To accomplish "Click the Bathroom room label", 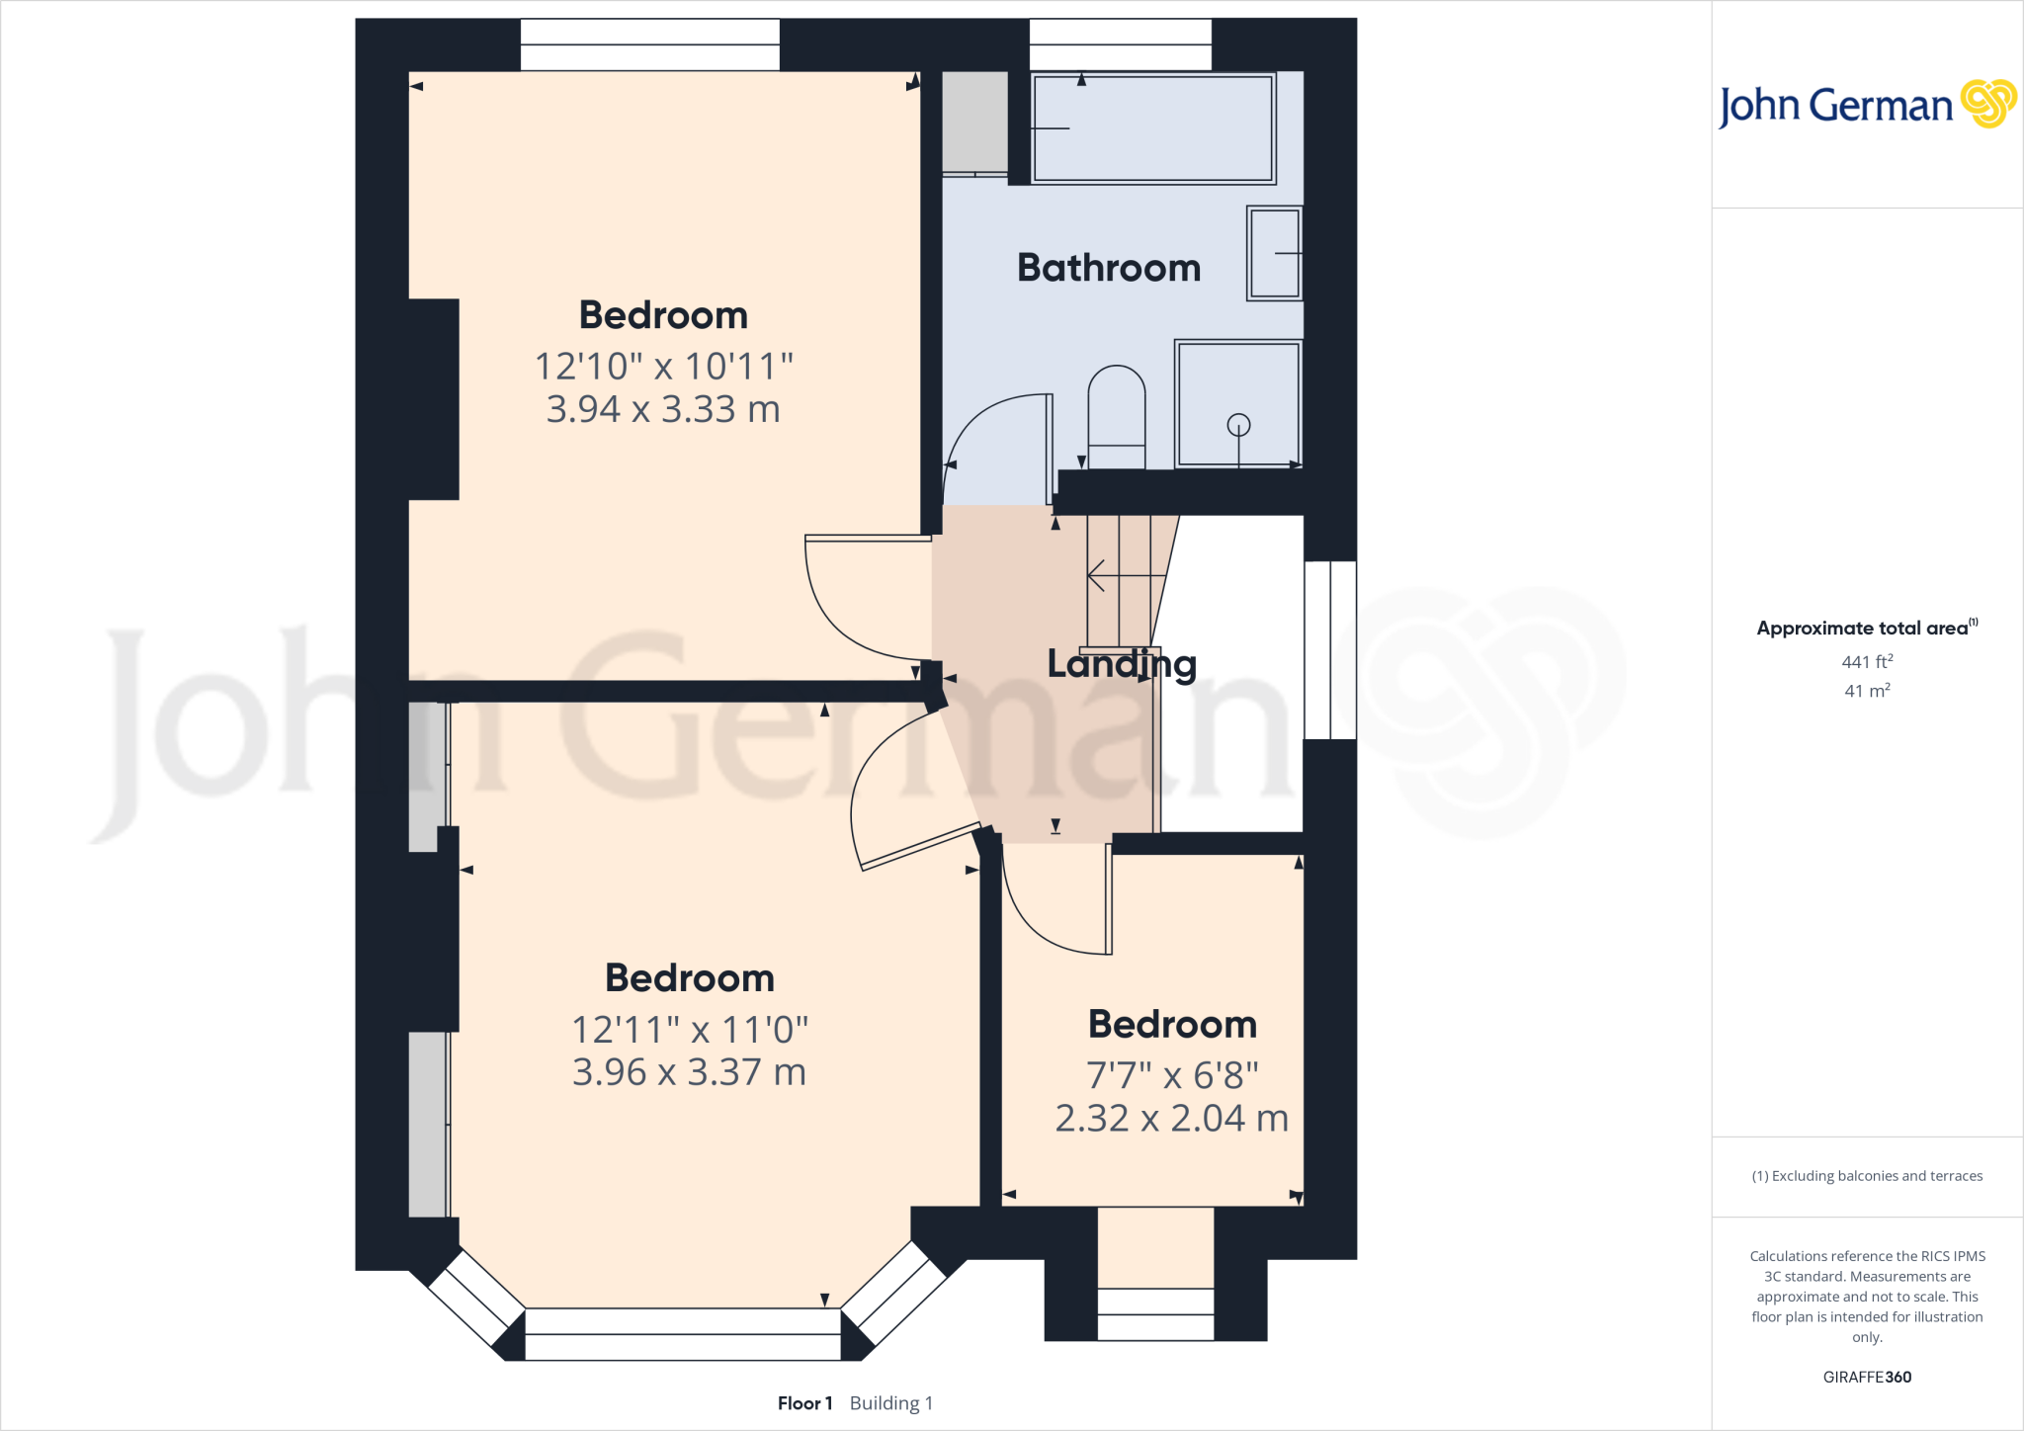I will click(x=1109, y=268).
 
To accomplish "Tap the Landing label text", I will click(x=1122, y=664).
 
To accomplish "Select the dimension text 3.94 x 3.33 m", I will click(x=663, y=409).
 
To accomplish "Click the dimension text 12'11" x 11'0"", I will click(x=690, y=1030).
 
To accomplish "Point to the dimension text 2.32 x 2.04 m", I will click(x=1171, y=1119).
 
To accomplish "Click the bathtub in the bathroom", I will click(x=1152, y=128).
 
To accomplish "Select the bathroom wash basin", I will click(x=1275, y=253).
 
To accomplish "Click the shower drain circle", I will click(x=1238, y=425).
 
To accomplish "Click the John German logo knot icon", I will click(x=1987, y=104).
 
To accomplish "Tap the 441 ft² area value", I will click(x=1867, y=662).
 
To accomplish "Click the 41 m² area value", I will click(x=1867, y=691).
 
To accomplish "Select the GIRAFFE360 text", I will click(x=1867, y=1377).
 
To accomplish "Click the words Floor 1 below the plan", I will click(x=804, y=1403).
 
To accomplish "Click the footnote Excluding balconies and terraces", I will click(x=1867, y=1176).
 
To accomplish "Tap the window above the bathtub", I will click(x=1121, y=44).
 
